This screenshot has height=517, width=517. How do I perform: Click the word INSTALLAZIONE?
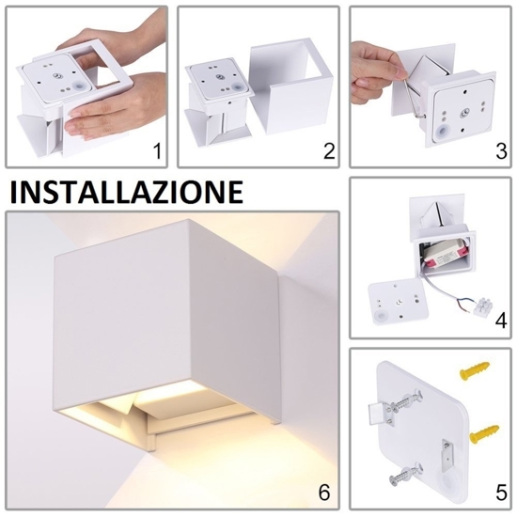tap(127, 192)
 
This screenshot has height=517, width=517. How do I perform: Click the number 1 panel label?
tap(158, 151)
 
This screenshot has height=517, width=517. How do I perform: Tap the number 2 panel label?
tap(329, 151)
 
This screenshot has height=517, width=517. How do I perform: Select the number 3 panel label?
tap(501, 151)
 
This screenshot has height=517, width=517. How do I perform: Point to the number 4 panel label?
tap(501, 321)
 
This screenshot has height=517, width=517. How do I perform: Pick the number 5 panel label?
tap(501, 493)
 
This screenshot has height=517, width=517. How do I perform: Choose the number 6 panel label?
tap(323, 493)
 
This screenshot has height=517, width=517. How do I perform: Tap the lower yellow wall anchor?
tap(484, 434)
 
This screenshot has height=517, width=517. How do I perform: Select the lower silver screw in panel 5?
tap(406, 473)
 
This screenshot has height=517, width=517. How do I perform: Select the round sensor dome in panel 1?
tap(79, 88)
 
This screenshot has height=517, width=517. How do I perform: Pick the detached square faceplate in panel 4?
tap(399, 302)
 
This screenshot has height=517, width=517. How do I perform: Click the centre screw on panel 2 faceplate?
tap(220, 77)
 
